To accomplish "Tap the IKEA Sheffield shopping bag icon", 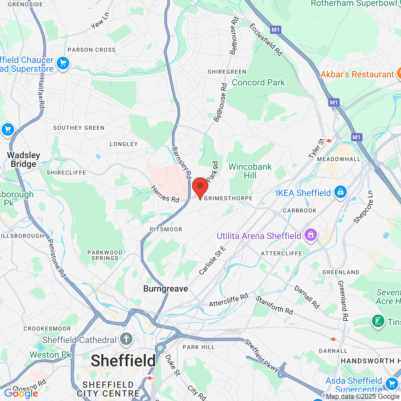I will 340,191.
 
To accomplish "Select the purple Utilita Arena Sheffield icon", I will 310,234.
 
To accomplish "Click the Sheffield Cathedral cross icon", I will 126,339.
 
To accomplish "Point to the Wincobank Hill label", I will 250,171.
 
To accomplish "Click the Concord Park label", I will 258,82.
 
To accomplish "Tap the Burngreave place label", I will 165,289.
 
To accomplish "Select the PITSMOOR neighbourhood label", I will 166,229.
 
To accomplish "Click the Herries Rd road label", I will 165,194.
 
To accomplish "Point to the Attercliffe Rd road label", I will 228,300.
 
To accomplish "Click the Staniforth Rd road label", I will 274,305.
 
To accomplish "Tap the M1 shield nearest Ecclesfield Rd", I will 275,30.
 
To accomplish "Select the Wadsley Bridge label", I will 23,159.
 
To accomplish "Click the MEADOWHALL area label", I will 339,159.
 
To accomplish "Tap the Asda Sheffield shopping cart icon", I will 392,383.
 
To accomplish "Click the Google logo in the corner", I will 21,393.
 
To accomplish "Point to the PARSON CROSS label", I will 91,50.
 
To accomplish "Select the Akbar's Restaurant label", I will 357,74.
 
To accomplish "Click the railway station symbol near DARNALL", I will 333,339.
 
